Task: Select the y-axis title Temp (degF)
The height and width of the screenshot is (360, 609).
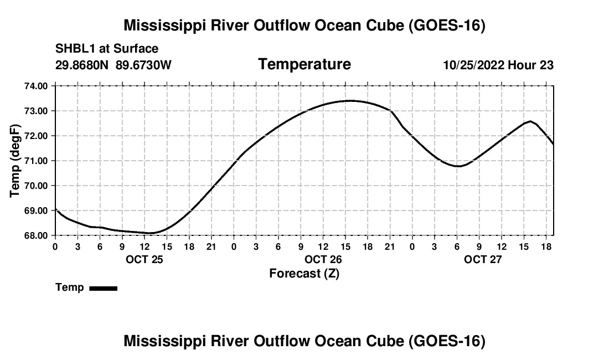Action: click(x=15, y=161)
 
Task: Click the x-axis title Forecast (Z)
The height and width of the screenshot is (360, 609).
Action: click(x=304, y=274)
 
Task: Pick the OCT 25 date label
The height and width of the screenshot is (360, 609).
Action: click(x=144, y=259)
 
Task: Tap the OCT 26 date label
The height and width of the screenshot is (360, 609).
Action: click(x=323, y=259)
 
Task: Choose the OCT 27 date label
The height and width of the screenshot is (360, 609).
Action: click(x=483, y=259)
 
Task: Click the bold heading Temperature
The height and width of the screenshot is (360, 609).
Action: click(x=304, y=64)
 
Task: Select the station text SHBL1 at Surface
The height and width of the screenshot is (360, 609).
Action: click(x=107, y=49)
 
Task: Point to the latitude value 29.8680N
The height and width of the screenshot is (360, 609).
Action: click(x=82, y=65)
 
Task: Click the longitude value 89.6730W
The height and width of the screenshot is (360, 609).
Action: click(x=143, y=65)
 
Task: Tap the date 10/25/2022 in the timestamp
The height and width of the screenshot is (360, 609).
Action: click(x=474, y=65)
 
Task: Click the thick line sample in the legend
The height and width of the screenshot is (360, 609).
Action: click(x=104, y=289)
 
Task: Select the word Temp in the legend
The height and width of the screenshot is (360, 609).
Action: click(x=70, y=287)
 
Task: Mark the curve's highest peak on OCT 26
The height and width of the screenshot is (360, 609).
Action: click(x=350, y=101)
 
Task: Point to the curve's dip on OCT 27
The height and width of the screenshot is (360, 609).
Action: click(x=459, y=166)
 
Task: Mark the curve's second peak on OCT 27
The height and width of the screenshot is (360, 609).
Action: click(x=530, y=121)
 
